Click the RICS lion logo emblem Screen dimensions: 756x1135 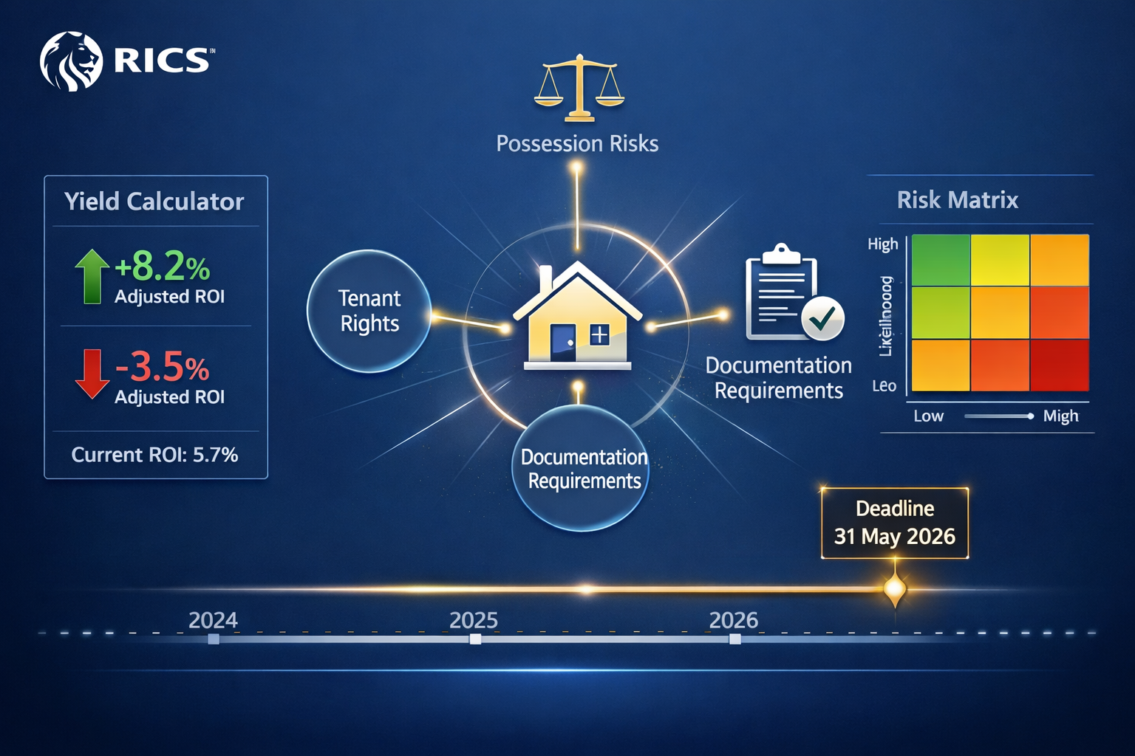pos(71,61)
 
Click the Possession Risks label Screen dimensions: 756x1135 pos(577,143)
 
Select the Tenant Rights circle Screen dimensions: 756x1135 pos(369,311)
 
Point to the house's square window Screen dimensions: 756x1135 pos(599,335)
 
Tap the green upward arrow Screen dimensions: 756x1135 pos(92,276)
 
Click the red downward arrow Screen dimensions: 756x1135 pos(92,374)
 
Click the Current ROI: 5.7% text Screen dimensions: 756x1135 pos(154,455)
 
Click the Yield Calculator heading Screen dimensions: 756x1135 pos(154,202)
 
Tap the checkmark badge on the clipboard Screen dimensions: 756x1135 pos(822,318)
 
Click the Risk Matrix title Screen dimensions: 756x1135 pos(958,200)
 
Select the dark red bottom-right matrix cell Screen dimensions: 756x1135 pos(1060,365)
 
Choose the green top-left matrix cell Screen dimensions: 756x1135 pos(941,260)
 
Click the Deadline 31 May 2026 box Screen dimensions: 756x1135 pos(895,523)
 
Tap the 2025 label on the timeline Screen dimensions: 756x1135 pos(474,620)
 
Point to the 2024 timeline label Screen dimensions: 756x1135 pos(213,620)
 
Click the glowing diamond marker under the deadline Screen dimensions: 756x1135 pos(895,589)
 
